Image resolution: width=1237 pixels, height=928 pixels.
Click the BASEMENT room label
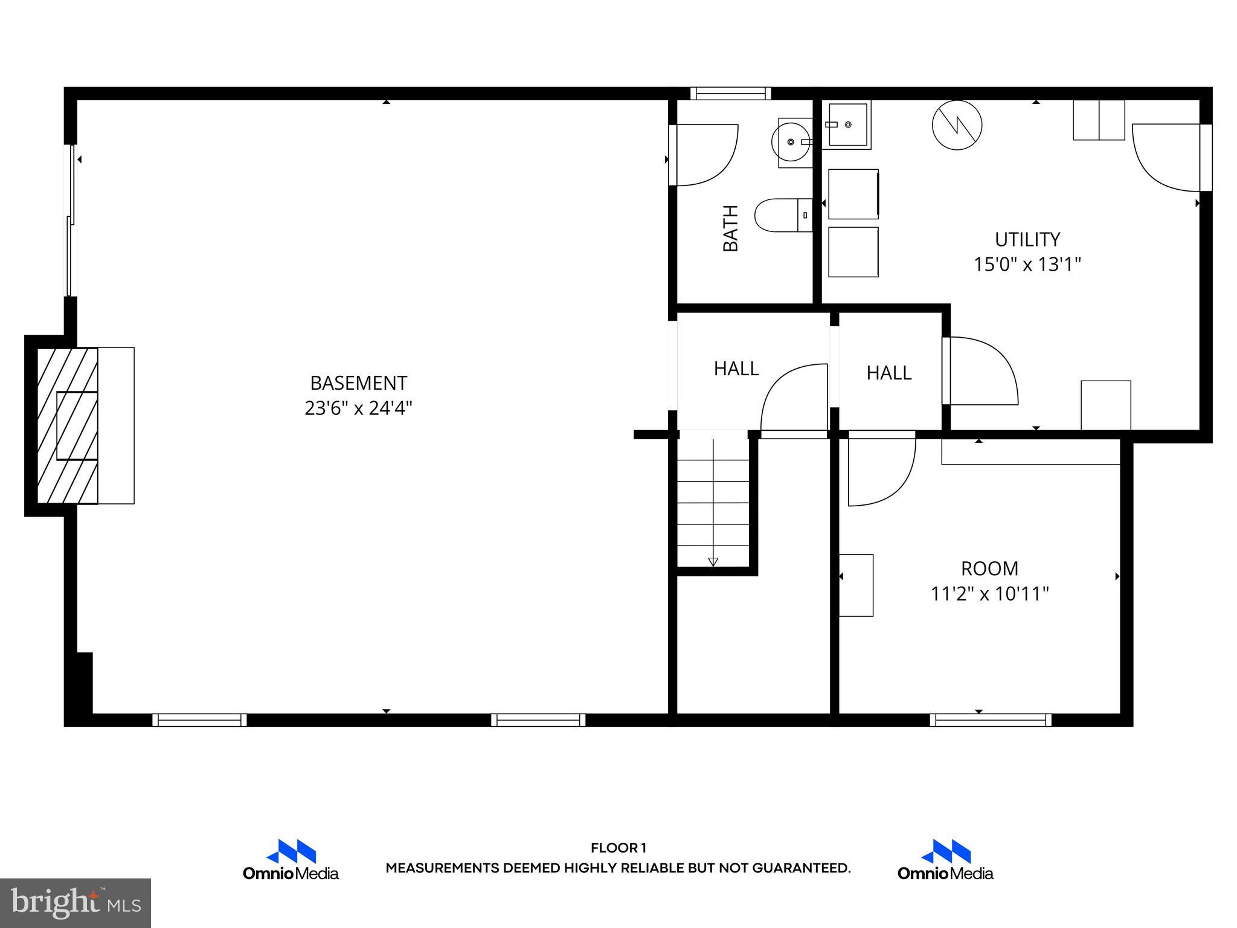(x=358, y=383)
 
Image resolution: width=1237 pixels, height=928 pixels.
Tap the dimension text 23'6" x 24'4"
(x=358, y=408)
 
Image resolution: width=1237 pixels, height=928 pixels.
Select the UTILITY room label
(x=1027, y=239)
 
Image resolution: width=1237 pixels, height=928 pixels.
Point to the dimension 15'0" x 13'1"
(x=1027, y=265)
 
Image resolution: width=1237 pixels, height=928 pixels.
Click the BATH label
(x=731, y=228)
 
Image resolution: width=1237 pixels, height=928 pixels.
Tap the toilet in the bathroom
(x=782, y=215)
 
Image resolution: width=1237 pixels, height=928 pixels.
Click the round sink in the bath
(x=791, y=143)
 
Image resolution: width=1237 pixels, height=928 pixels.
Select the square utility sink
(x=848, y=124)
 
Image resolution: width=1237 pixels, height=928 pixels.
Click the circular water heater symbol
(x=957, y=125)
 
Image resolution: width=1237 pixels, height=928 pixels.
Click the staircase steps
(x=713, y=501)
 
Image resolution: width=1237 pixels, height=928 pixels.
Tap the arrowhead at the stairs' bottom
(x=713, y=562)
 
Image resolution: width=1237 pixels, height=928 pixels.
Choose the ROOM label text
(x=989, y=569)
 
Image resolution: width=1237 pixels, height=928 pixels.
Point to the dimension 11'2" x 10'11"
(x=989, y=594)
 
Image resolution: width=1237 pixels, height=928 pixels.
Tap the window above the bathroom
(x=731, y=93)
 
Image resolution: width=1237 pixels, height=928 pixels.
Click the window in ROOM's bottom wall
(x=990, y=720)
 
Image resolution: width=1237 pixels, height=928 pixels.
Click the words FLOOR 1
(x=618, y=848)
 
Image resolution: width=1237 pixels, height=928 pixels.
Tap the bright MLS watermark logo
(x=76, y=903)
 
